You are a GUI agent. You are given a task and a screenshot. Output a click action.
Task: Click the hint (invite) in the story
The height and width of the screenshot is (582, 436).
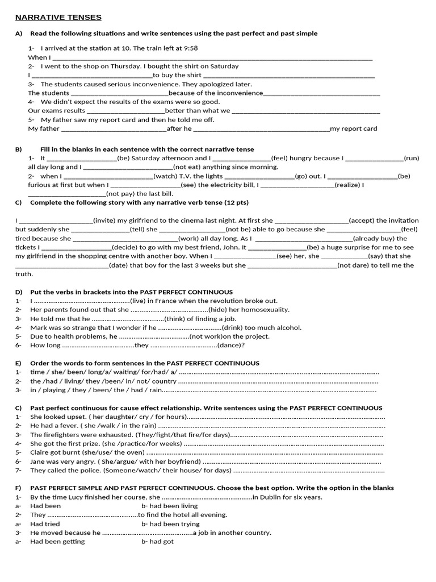104,221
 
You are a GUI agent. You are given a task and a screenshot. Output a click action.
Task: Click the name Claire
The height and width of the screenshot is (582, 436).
40,452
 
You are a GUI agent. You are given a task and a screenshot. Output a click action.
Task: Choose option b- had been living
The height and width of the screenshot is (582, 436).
169,506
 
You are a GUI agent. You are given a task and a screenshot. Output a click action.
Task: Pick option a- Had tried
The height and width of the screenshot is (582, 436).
44,523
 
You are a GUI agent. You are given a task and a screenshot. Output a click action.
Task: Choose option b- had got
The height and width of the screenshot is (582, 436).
157,542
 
